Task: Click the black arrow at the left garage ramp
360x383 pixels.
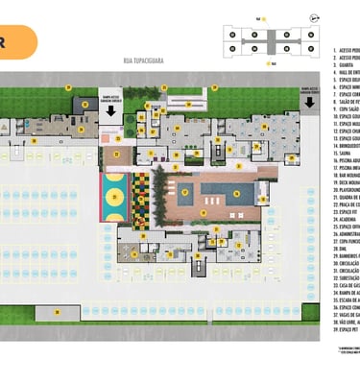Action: click(110, 110)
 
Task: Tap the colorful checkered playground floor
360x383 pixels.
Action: click(141, 198)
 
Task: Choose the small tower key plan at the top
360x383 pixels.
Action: click(271, 39)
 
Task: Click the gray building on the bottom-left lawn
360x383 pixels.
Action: click(58, 312)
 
